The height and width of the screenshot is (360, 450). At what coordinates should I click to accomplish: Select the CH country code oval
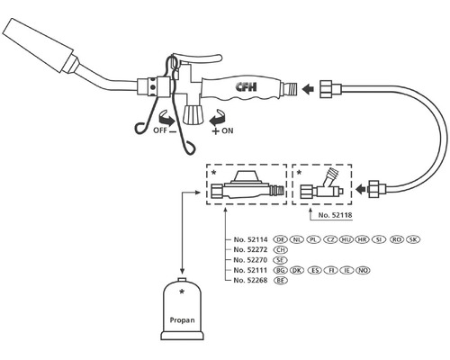click(280, 249)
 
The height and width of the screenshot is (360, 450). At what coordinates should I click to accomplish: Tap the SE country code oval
click(280, 260)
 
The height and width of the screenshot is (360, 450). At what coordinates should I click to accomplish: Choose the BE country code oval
click(280, 281)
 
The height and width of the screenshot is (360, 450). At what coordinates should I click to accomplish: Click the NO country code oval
click(364, 270)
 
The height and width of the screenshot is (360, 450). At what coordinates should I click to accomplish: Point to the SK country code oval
click(413, 239)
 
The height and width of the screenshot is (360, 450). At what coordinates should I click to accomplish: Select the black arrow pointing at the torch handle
click(309, 89)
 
